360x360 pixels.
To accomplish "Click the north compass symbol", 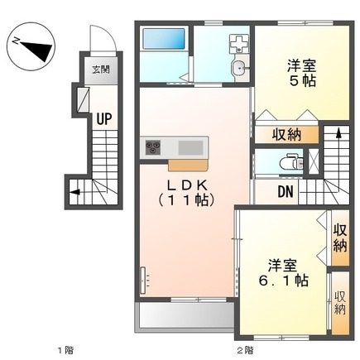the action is click(31, 46).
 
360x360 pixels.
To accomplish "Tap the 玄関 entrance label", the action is click(101, 70).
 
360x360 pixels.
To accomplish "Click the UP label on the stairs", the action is click(104, 119).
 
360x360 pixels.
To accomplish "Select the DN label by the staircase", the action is click(286, 191).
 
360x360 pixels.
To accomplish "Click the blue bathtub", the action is click(163, 39).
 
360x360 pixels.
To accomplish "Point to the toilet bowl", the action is click(287, 163).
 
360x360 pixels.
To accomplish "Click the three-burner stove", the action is click(152, 147).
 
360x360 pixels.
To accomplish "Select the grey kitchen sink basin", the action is click(190, 147).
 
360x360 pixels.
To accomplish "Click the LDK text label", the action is click(187, 185).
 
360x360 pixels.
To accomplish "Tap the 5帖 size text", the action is click(302, 81).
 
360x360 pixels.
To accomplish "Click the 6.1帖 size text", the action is click(283, 281).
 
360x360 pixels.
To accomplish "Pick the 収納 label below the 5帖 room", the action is click(286, 135).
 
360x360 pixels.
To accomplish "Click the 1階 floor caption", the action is click(65, 350).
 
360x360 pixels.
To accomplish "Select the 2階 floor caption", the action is click(245, 350).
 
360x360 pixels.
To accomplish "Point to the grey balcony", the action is click(185, 316).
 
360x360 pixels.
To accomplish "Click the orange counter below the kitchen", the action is click(188, 166).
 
